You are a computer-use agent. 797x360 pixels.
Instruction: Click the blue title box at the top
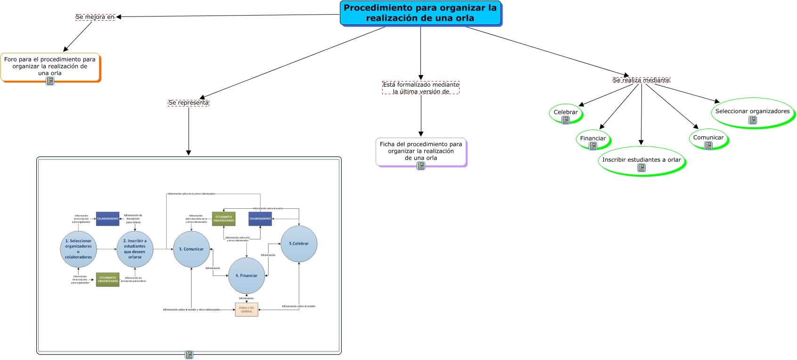[420, 13]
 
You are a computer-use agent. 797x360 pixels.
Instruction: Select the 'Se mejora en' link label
[95, 17]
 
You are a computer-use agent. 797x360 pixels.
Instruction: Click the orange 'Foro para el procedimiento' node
[50, 66]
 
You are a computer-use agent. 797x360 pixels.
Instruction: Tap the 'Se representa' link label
[189, 103]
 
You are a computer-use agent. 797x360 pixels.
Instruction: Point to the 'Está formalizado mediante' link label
[421, 88]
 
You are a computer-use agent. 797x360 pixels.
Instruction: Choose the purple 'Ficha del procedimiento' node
[421, 151]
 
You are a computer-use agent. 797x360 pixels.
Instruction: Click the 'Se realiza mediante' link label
[641, 80]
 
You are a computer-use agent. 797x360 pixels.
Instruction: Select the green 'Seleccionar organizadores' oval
[752, 112]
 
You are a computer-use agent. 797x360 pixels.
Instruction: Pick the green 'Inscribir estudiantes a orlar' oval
[641, 160]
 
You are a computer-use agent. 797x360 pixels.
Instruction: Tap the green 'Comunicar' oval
[708, 138]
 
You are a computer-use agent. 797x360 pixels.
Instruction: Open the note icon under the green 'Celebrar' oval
[566, 120]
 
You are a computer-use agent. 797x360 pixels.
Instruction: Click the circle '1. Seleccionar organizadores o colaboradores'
[78, 249]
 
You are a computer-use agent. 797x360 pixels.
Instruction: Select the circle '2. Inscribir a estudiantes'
[135, 249]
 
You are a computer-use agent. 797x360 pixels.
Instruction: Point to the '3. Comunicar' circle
[191, 249]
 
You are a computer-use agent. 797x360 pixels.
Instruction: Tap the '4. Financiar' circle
[246, 276]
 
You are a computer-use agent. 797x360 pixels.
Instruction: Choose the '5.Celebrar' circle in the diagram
[299, 244]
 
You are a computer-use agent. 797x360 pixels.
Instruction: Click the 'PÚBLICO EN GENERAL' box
[246, 310]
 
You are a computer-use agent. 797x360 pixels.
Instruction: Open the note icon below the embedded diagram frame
[189, 355]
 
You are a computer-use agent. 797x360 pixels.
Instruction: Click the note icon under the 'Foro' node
[50, 81]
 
